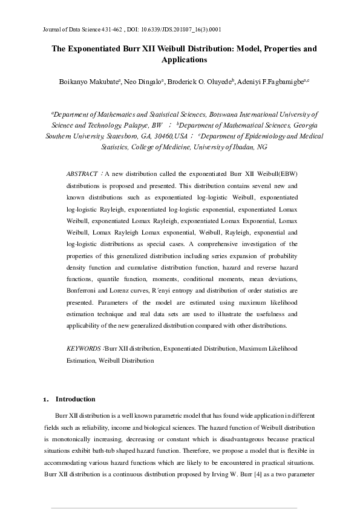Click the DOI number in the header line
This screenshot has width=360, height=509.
tap(189, 29)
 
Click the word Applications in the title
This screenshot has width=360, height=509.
tap(185, 60)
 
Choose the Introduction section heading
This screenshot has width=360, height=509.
tap(76, 400)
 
